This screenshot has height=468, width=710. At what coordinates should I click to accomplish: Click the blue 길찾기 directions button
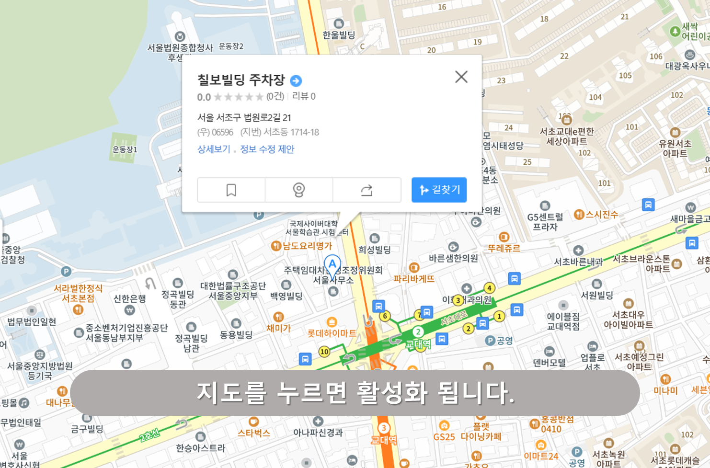click(x=439, y=190)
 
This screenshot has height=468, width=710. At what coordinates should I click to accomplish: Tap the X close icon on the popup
click(x=461, y=77)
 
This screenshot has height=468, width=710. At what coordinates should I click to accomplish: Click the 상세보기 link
click(x=214, y=149)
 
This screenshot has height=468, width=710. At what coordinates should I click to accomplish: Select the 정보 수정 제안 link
click(x=267, y=149)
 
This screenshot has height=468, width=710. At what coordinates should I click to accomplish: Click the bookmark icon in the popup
click(x=231, y=190)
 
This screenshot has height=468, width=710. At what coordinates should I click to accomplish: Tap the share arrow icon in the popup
click(x=366, y=190)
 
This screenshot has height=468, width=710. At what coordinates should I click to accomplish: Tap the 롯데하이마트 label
click(x=332, y=332)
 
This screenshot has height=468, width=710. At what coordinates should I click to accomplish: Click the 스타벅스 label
click(x=254, y=433)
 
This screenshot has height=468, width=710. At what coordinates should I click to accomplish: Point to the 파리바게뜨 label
click(x=414, y=279)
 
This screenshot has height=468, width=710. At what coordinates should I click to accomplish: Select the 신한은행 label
click(x=129, y=298)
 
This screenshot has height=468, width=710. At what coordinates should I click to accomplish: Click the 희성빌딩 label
click(x=375, y=250)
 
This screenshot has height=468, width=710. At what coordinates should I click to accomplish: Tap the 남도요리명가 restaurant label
click(x=307, y=246)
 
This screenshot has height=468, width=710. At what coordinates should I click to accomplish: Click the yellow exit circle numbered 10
click(x=324, y=352)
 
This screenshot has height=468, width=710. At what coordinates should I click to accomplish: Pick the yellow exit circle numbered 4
click(x=489, y=288)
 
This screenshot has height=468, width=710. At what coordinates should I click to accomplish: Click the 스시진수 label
click(x=602, y=215)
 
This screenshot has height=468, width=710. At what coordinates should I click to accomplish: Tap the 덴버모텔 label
click(x=550, y=363)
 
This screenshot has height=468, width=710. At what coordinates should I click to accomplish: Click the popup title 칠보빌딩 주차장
click(x=241, y=80)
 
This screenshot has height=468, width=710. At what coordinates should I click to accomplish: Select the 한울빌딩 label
click(x=339, y=35)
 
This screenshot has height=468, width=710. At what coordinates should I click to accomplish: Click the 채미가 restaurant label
click(x=278, y=328)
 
